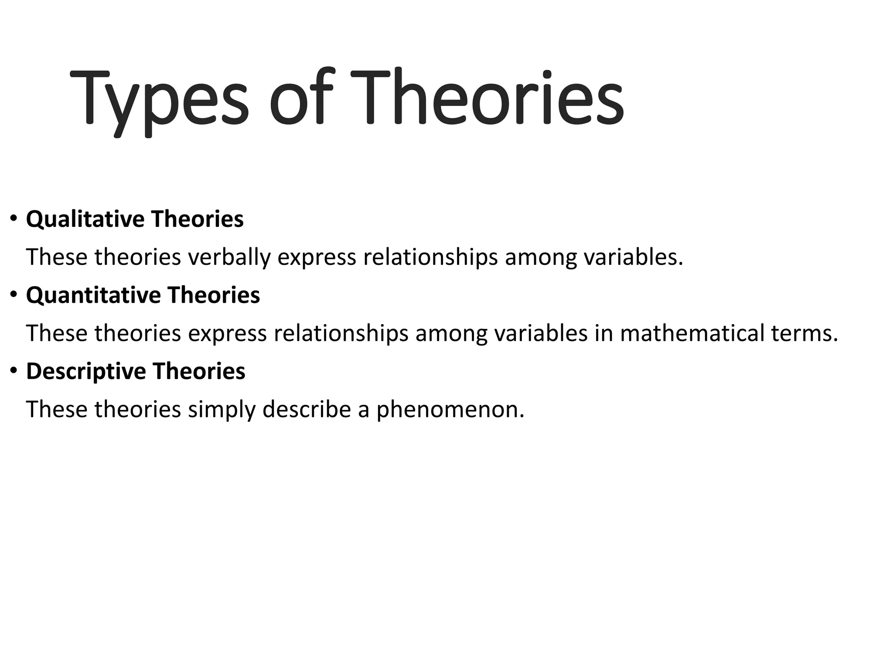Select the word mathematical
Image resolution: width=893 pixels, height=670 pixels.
(x=692, y=333)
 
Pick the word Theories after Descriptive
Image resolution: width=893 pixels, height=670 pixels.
(x=198, y=372)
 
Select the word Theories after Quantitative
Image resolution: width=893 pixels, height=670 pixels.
(x=213, y=295)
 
